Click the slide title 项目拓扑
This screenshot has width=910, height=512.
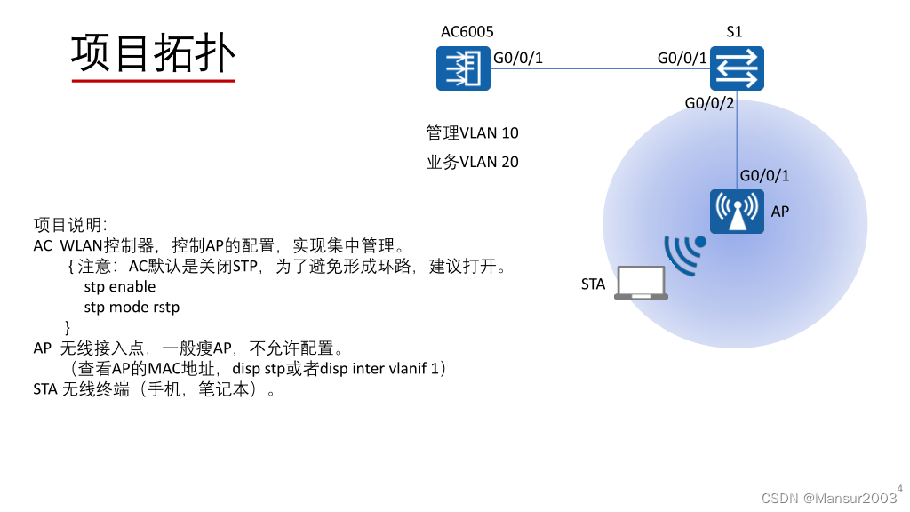click(x=153, y=53)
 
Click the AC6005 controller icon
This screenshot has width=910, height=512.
click(x=463, y=68)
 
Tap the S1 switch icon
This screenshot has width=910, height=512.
click(x=737, y=68)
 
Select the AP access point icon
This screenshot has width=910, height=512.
click(x=737, y=211)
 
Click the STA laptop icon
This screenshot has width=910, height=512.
click(x=642, y=284)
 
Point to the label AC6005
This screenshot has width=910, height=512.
click(x=467, y=32)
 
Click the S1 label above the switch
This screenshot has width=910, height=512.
click(x=734, y=32)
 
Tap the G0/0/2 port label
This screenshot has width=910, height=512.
click(x=709, y=103)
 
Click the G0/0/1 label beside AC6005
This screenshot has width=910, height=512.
click(x=517, y=59)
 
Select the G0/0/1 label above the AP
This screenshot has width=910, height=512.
click(x=764, y=175)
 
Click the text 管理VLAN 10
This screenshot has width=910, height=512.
click(x=472, y=133)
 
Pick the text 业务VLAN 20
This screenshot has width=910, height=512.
click(x=472, y=162)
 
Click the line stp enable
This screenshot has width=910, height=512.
click(x=120, y=286)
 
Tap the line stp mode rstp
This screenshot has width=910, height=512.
click(x=132, y=307)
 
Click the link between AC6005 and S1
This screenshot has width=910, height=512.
click(x=600, y=68)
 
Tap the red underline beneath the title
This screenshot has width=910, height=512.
click(x=153, y=81)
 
